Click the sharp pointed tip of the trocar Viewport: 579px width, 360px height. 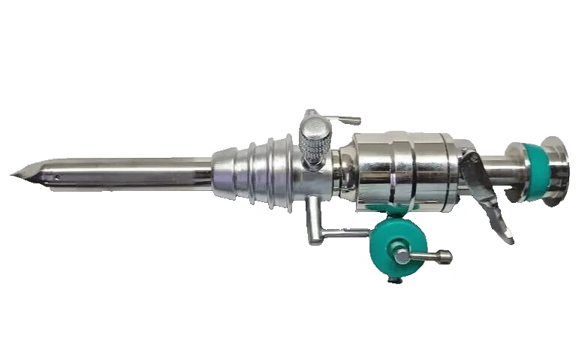(13, 176)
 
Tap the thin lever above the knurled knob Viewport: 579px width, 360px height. (338, 118)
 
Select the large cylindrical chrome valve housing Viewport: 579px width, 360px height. (402, 170)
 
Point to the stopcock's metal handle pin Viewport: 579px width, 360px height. (428, 256)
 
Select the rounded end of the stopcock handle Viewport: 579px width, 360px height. (448, 258)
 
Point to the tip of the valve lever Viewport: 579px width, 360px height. (510, 239)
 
